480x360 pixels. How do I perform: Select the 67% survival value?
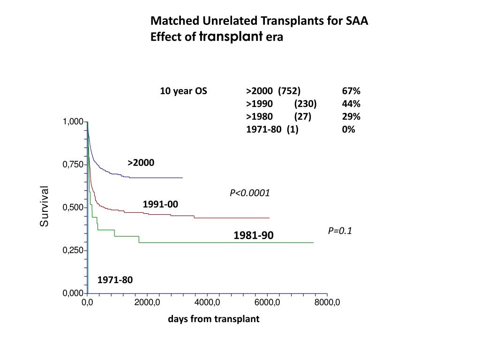coord(351,91)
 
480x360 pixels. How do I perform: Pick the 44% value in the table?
coord(351,104)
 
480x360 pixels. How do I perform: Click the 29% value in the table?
coord(351,117)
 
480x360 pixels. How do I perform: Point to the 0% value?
coord(349,129)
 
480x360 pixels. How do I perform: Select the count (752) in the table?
coord(289,91)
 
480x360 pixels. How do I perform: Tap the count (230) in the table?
coord(306,104)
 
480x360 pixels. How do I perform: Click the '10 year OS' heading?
coord(183,91)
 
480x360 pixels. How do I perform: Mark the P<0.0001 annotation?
coord(250,193)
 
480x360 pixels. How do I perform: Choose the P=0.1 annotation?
coord(340,231)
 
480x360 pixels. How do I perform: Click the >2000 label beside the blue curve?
coord(141,163)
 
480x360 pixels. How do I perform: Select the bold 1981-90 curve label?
coord(254,235)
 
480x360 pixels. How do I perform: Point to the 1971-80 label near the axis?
coord(115,280)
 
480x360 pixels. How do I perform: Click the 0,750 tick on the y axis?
coord(73,165)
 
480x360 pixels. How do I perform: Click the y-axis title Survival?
coord(44,206)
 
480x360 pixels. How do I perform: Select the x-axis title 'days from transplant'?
coord(214,319)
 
